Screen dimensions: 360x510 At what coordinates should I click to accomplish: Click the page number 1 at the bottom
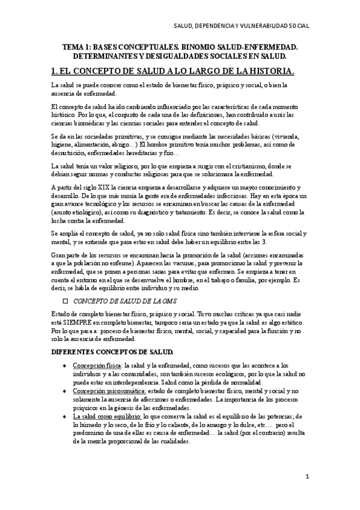click(x=307, y=477)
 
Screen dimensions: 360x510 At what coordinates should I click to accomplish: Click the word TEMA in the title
click(x=74, y=46)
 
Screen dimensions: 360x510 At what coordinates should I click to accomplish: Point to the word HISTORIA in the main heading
click(x=263, y=72)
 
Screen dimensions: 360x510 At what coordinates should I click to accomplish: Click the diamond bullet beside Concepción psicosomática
click(x=64, y=391)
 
